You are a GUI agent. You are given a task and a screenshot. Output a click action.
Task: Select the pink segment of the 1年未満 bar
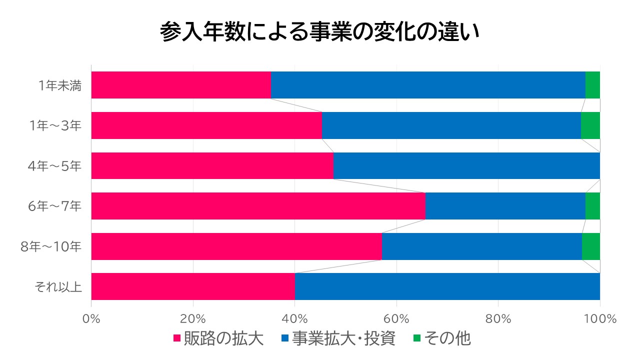pyautogui.click(x=181, y=85)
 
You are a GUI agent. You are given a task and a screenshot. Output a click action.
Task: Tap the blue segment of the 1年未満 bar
pyautogui.click(x=428, y=85)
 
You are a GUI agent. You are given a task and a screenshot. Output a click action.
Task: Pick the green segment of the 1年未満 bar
pyautogui.click(x=592, y=85)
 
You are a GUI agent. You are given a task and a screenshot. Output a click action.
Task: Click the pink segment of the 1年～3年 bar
pyautogui.click(x=206, y=125)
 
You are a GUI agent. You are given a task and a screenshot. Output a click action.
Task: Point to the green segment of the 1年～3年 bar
pyautogui.click(x=590, y=125)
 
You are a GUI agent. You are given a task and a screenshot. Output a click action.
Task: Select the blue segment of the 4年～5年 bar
pyautogui.click(x=466, y=165)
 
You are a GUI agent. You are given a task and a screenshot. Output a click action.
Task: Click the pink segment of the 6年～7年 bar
pyautogui.click(x=258, y=206)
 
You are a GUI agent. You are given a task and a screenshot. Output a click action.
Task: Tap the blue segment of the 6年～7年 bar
pyautogui.click(x=505, y=206)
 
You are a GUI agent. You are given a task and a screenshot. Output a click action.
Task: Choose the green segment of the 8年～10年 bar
pyautogui.click(x=591, y=246)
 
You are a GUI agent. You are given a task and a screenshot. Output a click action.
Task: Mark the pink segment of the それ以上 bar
pyautogui.click(x=193, y=286)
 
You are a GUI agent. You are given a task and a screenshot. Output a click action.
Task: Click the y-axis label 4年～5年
pyautogui.click(x=54, y=166)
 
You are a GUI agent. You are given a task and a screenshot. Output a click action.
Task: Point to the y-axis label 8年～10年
pyautogui.click(x=51, y=246)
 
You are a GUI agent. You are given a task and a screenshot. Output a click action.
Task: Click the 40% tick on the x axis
pyautogui.click(x=295, y=318)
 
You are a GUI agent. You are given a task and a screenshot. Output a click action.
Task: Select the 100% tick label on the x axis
pyautogui.click(x=599, y=318)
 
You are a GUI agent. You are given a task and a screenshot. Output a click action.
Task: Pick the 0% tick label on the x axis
pyautogui.click(x=91, y=318)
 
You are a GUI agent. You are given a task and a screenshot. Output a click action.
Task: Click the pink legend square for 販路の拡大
pyautogui.click(x=176, y=338)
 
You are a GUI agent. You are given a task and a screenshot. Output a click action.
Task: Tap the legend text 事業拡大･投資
pyautogui.click(x=344, y=338)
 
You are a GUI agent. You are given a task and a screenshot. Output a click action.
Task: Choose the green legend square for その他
pyautogui.click(x=416, y=338)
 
